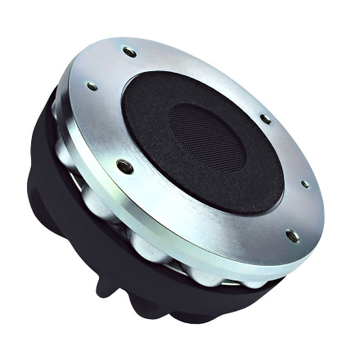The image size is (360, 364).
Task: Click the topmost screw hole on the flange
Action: [129, 52]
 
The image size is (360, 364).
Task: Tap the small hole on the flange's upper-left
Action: [92, 86]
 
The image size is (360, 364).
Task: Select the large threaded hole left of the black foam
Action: [124, 167]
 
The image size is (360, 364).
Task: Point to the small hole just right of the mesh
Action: [266, 119]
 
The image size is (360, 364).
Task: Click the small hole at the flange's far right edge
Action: [304, 184]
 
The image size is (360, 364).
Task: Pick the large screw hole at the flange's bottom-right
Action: [292, 236]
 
